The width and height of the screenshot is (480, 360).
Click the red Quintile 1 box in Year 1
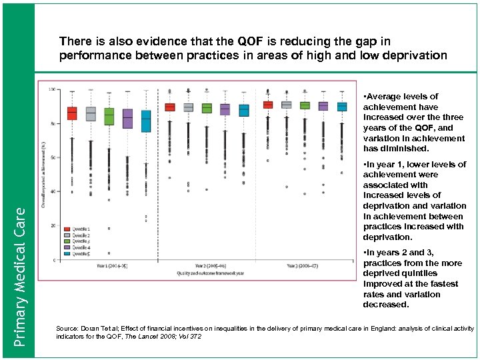(72, 113)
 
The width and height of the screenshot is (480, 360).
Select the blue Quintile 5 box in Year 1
(145, 121)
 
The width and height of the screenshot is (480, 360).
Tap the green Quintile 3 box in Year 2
(207, 108)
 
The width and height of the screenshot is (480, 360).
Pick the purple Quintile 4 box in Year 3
(323, 106)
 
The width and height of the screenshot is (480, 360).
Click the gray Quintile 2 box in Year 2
(189, 107)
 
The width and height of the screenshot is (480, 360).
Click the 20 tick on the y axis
(53, 225)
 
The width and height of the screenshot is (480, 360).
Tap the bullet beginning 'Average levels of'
(413, 123)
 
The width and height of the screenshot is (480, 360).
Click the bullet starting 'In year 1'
(413, 201)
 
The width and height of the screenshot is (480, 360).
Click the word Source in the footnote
(67, 329)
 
